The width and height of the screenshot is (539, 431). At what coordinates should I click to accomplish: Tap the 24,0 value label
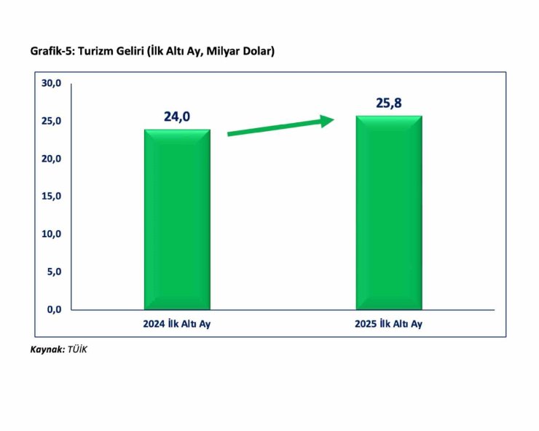point(177,116)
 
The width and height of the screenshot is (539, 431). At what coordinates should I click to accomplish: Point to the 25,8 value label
point(388,103)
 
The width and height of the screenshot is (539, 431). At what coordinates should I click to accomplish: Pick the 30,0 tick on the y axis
point(51,83)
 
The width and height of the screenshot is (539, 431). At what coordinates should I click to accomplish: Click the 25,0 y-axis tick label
point(51,121)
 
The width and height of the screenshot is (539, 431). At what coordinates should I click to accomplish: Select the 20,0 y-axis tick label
point(51,159)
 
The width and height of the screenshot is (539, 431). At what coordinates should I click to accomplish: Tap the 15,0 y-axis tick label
point(51,197)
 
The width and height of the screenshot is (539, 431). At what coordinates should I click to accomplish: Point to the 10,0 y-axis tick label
point(51,234)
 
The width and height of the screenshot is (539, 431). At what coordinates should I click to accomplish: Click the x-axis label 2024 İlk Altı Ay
point(177,324)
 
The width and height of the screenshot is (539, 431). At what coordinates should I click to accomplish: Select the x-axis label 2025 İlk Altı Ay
point(388,324)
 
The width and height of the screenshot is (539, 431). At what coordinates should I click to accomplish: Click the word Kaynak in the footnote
point(46,350)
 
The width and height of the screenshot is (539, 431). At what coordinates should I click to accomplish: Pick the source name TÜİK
point(77,350)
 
